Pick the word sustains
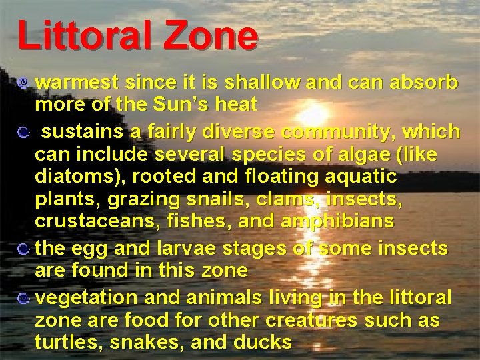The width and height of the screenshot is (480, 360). click(x=84, y=131)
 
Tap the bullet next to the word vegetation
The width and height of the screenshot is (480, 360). click(x=24, y=297)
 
